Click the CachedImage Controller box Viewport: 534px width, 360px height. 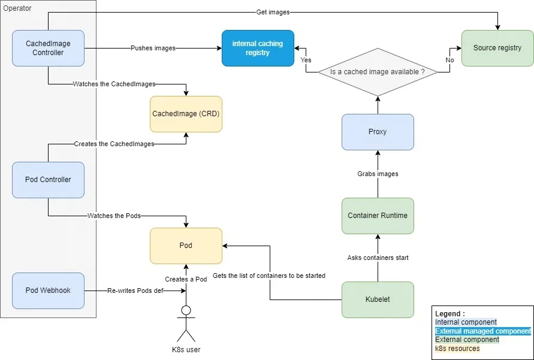(x=48, y=48)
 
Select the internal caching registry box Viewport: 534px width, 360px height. (x=258, y=48)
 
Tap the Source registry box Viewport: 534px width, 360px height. (x=497, y=48)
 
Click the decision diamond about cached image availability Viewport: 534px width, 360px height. (x=378, y=72)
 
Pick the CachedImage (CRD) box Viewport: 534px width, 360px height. (x=186, y=114)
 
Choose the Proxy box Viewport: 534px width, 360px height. (x=378, y=132)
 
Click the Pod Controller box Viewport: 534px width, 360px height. (x=48, y=180)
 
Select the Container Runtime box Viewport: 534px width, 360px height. (x=378, y=216)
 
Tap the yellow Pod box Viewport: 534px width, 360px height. (x=186, y=246)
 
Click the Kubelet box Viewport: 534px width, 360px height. (x=378, y=300)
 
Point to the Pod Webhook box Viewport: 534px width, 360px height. (x=48, y=291)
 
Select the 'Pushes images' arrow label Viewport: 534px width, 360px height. (x=153, y=48)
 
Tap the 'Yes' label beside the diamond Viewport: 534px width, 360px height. (x=306, y=60)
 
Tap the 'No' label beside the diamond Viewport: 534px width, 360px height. (x=450, y=60)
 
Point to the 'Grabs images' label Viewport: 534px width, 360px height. (x=378, y=174)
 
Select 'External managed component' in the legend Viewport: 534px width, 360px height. (x=482, y=331)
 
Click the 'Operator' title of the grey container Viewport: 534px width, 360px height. (x=18, y=8)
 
